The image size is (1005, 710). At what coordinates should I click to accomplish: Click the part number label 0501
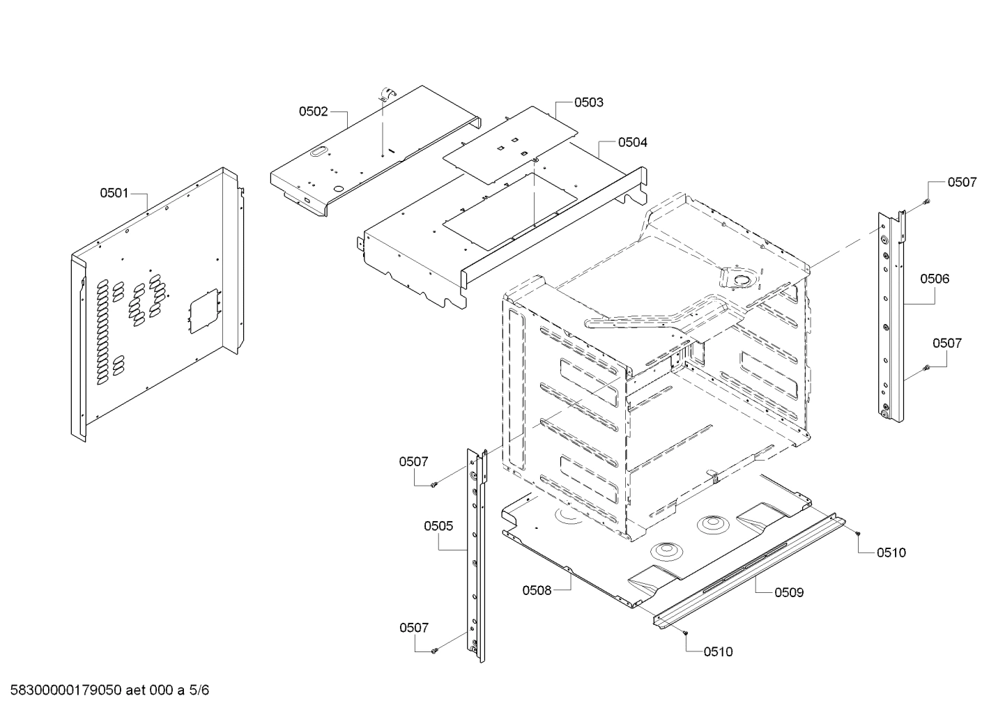click(x=114, y=192)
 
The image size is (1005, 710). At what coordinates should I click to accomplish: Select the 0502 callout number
click(x=314, y=111)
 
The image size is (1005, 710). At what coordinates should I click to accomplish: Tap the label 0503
click(x=589, y=102)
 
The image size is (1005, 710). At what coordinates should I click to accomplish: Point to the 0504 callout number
click(x=632, y=142)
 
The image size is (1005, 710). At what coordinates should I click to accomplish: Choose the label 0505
click(x=438, y=525)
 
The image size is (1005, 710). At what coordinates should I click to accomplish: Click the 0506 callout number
click(x=935, y=279)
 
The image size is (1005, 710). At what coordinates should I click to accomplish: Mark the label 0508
click(x=537, y=590)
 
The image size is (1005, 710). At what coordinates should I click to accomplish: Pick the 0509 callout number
click(x=789, y=592)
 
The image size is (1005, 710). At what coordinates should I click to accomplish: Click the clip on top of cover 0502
click(x=386, y=95)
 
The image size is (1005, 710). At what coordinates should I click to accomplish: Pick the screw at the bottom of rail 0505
click(x=434, y=650)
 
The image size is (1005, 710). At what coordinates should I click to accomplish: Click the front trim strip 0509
click(x=749, y=568)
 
